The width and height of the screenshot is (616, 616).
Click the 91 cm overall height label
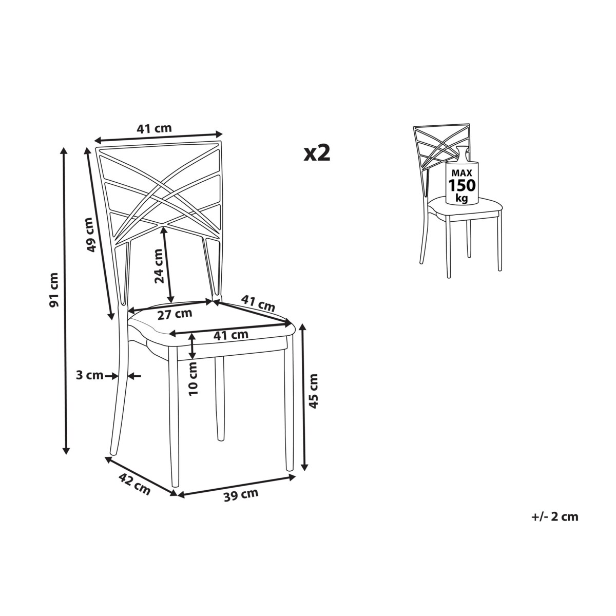(x=54, y=290)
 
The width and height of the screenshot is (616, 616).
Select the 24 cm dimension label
(x=159, y=266)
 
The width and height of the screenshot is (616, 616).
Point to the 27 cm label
(x=175, y=314)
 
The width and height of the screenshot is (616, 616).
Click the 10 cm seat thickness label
(x=193, y=379)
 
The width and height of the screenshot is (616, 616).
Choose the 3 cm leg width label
(x=89, y=375)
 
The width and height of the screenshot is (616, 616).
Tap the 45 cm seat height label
(x=314, y=391)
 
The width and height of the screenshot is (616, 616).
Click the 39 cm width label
(x=241, y=495)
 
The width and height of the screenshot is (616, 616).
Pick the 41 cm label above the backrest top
(x=155, y=128)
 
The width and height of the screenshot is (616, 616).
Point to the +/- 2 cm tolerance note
(x=554, y=516)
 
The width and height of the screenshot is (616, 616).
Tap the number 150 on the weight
(x=462, y=185)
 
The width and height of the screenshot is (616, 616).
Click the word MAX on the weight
(x=461, y=174)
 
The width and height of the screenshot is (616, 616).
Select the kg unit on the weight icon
(x=461, y=199)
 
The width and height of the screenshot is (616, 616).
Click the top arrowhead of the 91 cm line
(x=65, y=150)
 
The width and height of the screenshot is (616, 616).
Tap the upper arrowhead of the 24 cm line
(x=164, y=229)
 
